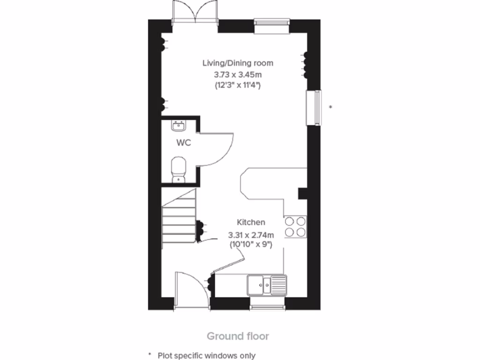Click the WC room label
(184, 143)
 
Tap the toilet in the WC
(179, 169)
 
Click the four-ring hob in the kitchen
(295, 226)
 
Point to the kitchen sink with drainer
(267, 284)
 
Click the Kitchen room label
(251, 222)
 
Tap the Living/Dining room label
(238, 63)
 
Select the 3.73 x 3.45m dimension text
(238, 74)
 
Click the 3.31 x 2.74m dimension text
(251, 234)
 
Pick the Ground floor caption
(238, 336)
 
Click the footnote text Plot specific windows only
(206, 355)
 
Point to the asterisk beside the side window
(330, 107)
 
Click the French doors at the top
(195, 12)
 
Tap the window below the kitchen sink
(267, 307)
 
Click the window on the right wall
(314, 108)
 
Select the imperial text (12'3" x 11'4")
(238, 85)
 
